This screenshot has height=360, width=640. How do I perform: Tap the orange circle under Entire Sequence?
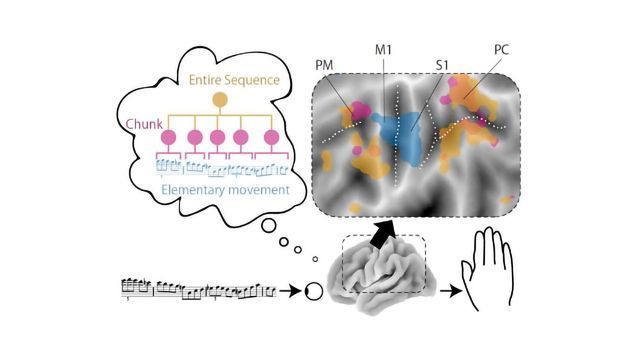219,100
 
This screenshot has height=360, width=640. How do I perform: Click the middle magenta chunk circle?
219,137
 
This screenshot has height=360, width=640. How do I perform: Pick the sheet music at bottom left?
198,290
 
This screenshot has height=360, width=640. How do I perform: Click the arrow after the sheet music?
288,291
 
